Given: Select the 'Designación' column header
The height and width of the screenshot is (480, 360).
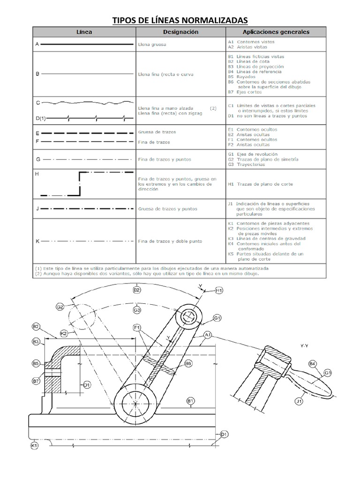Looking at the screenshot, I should point(181,32).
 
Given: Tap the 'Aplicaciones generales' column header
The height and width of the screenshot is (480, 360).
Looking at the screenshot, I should point(276,32).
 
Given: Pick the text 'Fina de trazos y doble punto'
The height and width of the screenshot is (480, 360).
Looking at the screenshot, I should point(170,241).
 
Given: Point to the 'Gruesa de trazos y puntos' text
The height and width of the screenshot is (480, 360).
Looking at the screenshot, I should point(168,209).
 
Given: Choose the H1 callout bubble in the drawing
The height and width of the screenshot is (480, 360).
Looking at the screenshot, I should point(219,291).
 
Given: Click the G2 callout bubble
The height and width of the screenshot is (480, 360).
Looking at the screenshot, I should point(60,307).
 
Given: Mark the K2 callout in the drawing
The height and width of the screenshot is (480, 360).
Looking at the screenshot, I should point(64,333).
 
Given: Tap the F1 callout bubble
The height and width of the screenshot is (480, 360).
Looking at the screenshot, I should point(137,328).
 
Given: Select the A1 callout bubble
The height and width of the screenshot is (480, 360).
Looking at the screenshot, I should point(208,335).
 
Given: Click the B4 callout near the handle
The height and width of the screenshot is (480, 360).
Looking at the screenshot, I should point(312,364).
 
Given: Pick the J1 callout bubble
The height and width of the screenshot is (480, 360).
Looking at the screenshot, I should point(299,401).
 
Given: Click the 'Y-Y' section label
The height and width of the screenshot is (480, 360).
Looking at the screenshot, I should point(304,345).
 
